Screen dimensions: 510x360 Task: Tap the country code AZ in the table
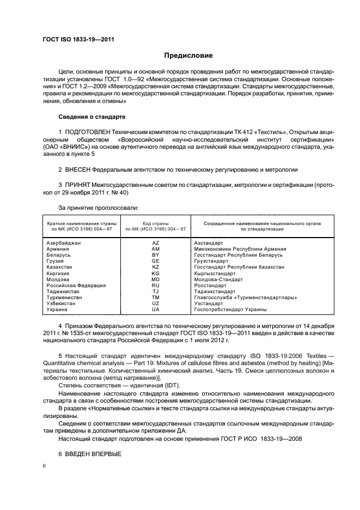(x=156, y=243)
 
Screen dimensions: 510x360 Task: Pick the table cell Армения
(x=58, y=249)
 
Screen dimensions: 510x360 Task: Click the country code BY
(x=156, y=255)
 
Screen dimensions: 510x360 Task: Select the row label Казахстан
(x=60, y=267)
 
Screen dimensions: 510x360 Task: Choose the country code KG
(x=156, y=274)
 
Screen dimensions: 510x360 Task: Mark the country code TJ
(x=156, y=292)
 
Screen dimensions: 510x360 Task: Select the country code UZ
(x=156, y=303)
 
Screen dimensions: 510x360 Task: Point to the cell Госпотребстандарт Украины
(x=230, y=309)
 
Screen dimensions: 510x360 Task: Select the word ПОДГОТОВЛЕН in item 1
(x=88, y=132)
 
